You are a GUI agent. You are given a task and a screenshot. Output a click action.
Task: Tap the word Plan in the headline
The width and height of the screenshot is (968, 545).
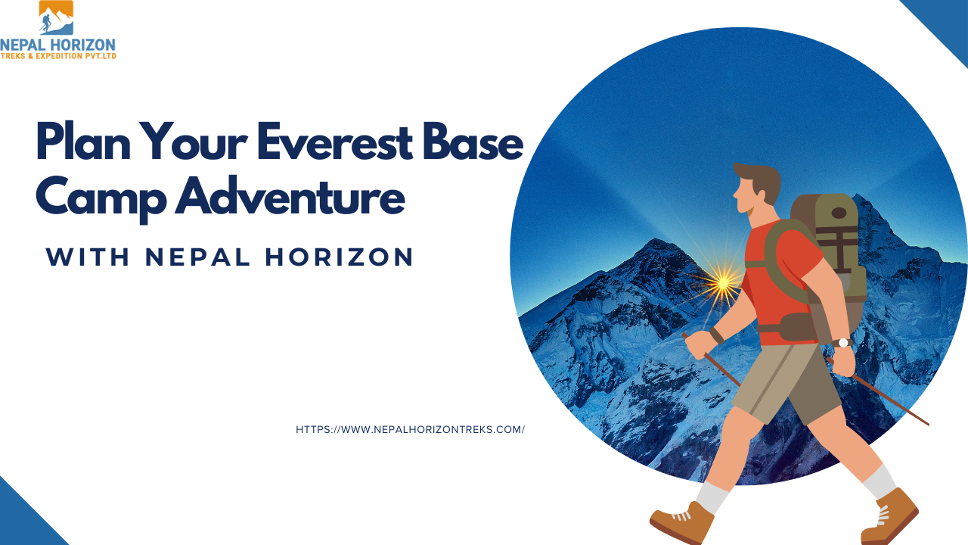click(x=83, y=142)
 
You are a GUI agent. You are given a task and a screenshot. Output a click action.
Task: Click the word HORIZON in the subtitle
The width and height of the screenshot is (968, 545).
click(x=340, y=257)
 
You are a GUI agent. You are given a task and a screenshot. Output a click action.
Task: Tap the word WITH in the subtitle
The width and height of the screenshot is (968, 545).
click(x=88, y=257)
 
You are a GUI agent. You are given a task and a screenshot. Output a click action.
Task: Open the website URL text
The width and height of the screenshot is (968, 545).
click(x=410, y=429)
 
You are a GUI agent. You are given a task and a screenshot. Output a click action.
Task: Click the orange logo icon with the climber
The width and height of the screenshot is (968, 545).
click(x=56, y=17)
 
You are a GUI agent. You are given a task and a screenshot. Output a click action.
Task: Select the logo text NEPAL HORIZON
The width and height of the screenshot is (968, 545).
click(x=58, y=45)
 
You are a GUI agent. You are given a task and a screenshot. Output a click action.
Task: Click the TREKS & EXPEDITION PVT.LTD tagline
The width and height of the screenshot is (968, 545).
click(x=58, y=56)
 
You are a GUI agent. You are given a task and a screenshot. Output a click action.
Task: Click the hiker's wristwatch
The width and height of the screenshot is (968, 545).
click(x=842, y=343)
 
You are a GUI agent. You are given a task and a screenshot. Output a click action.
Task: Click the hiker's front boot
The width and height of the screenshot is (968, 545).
click(x=683, y=522)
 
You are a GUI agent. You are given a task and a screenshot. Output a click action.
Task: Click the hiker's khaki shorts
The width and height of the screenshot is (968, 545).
click(x=786, y=383)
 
